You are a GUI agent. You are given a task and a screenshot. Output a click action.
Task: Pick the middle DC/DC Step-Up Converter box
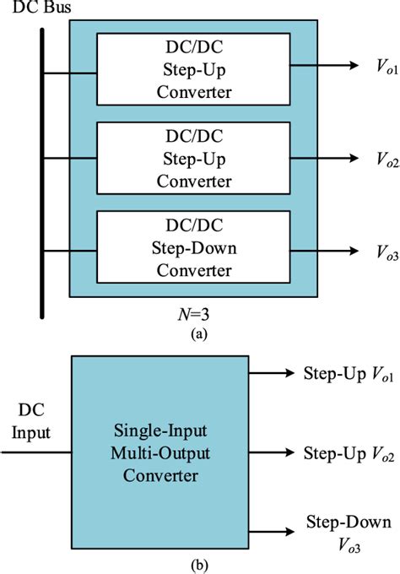click(193, 156)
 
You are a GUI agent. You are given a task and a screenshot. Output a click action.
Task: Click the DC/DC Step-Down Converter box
click(193, 246)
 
